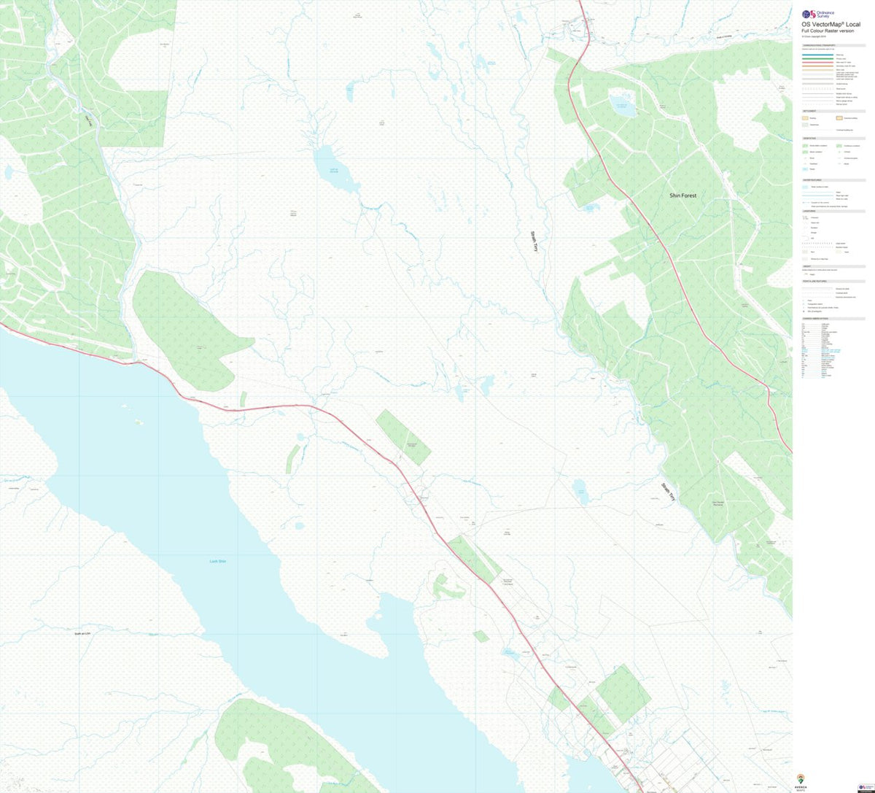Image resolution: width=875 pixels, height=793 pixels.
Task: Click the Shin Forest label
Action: pos(682,196)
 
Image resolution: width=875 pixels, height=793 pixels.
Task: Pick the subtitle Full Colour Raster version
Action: pos(825,31)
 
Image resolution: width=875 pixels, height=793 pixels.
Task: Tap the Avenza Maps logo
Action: pos(801,780)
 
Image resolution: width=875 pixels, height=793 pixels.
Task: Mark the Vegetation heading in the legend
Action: pos(810,139)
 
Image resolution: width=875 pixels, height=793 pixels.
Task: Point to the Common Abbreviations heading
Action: pos(816,319)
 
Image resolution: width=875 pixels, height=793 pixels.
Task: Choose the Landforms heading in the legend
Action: pos(809,212)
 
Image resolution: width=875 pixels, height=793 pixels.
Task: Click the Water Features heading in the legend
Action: pos(812,179)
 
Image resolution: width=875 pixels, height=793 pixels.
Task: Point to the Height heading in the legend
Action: pos(806,266)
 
